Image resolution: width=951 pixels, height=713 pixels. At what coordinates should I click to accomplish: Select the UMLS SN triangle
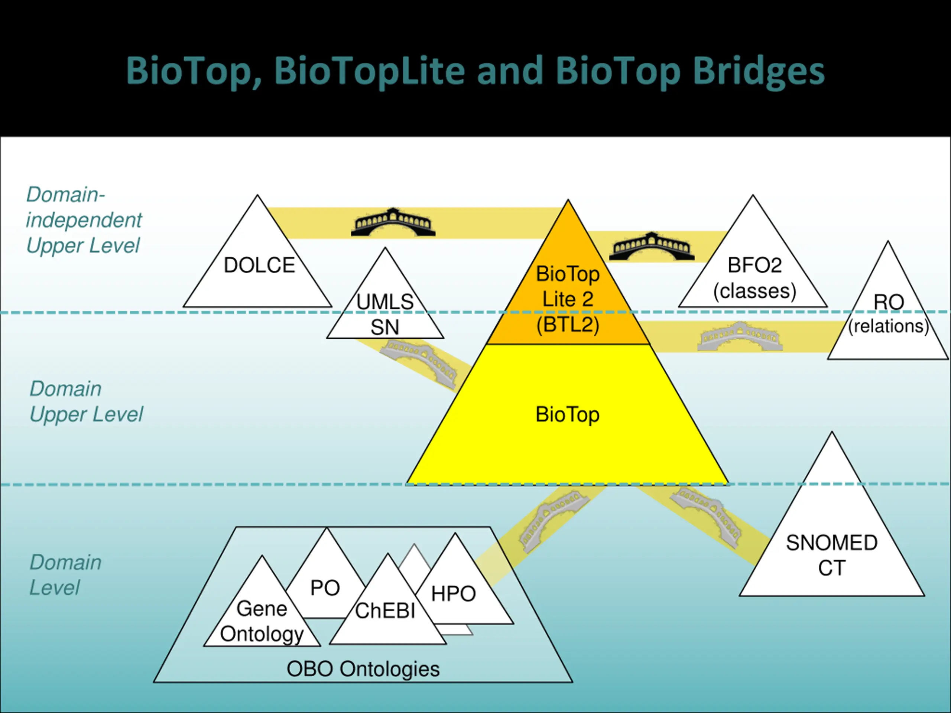[x=385, y=314]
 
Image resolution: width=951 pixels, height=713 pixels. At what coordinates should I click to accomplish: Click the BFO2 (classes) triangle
[x=753, y=275]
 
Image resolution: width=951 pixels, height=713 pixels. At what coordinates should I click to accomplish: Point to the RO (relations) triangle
[x=888, y=318]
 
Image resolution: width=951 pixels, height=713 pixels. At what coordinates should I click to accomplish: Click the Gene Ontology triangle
[x=262, y=619]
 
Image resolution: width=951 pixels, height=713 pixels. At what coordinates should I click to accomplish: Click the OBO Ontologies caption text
[x=363, y=669]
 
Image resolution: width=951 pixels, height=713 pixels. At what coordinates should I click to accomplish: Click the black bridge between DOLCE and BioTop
[x=393, y=222]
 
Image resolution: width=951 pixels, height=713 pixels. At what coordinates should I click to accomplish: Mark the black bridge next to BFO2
[x=652, y=247]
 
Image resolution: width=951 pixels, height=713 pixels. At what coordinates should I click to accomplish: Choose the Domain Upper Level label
[x=86, y=401]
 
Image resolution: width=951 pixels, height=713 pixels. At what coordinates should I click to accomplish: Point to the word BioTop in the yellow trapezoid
[x=568, y=415]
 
